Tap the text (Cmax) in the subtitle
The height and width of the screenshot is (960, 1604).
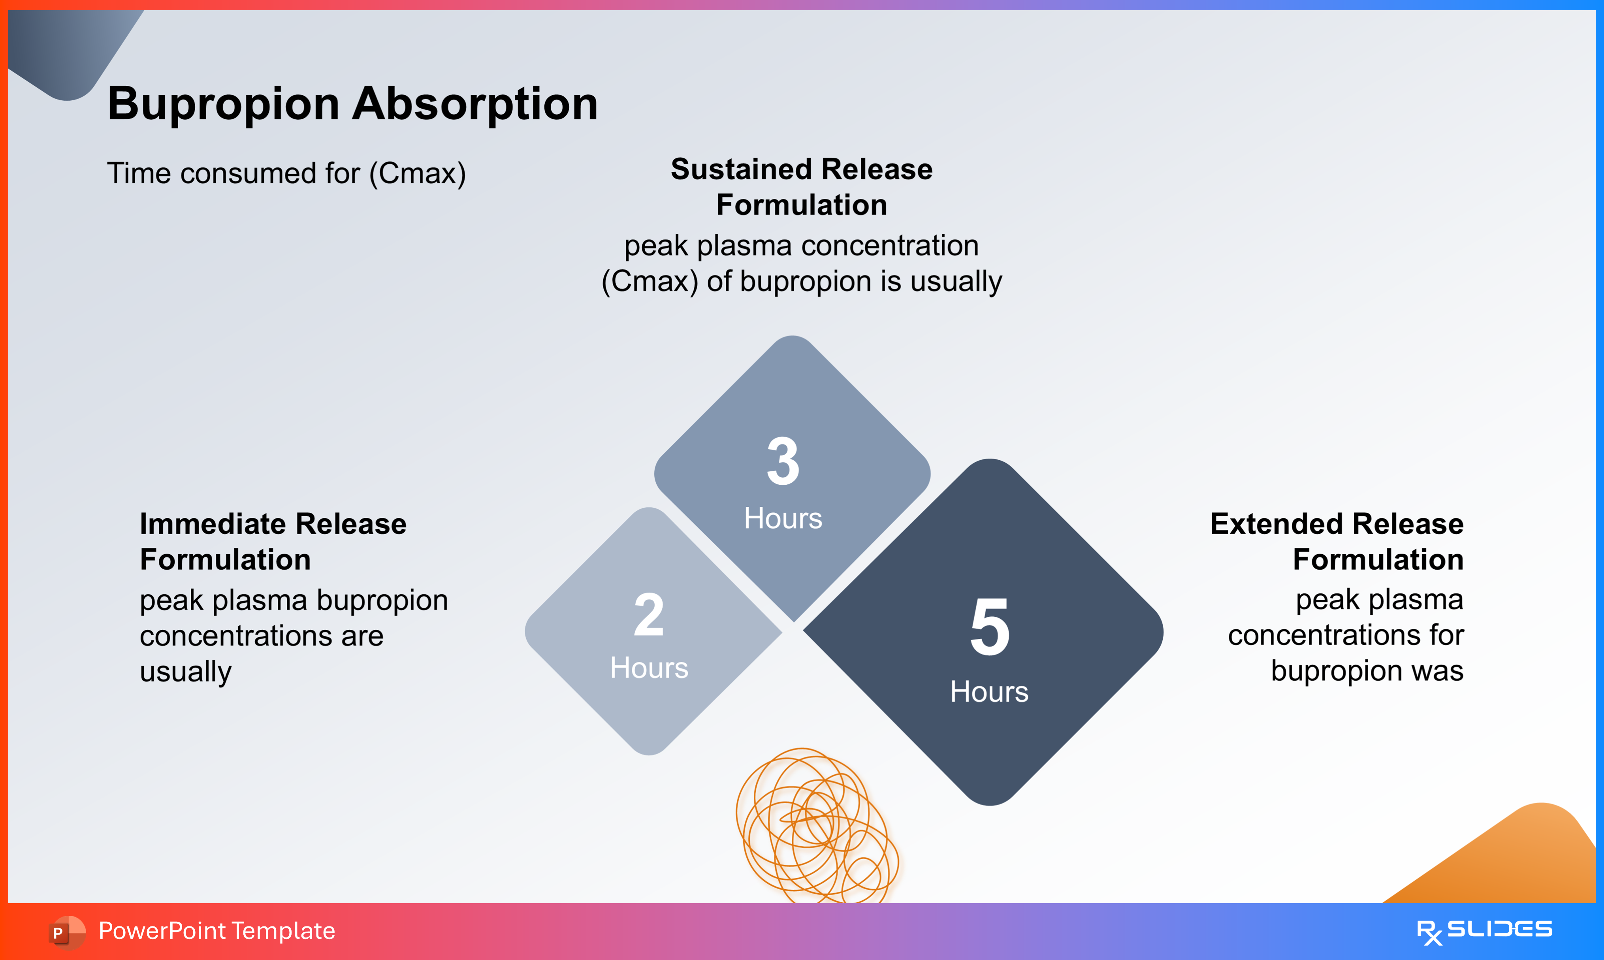[417, 173]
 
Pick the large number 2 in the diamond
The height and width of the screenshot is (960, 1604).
[649, 615]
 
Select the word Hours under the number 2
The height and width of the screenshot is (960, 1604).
[649, 668]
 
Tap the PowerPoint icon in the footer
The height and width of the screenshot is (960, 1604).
[67, 932]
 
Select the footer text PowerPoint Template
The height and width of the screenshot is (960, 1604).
[217, 931]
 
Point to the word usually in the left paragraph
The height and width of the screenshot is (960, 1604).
[186, 672]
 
